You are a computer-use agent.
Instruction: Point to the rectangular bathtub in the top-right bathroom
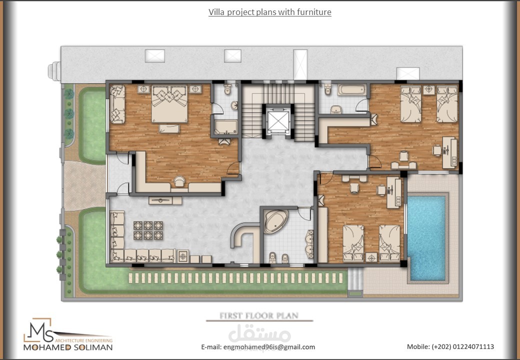tap(352, 90)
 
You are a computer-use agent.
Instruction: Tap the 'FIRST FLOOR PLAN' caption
tap(259, 315)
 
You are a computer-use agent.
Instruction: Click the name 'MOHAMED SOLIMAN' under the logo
tap(68, 347)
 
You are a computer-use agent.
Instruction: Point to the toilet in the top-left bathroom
tap(228, 90)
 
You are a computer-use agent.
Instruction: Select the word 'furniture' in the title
tap(314, 12)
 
